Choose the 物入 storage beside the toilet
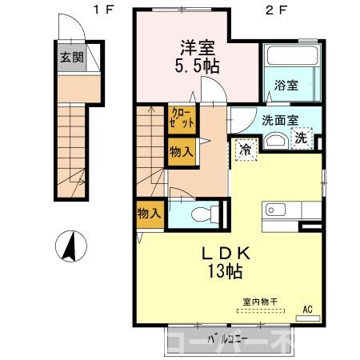(150, 214)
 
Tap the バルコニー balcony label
(221, 338)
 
